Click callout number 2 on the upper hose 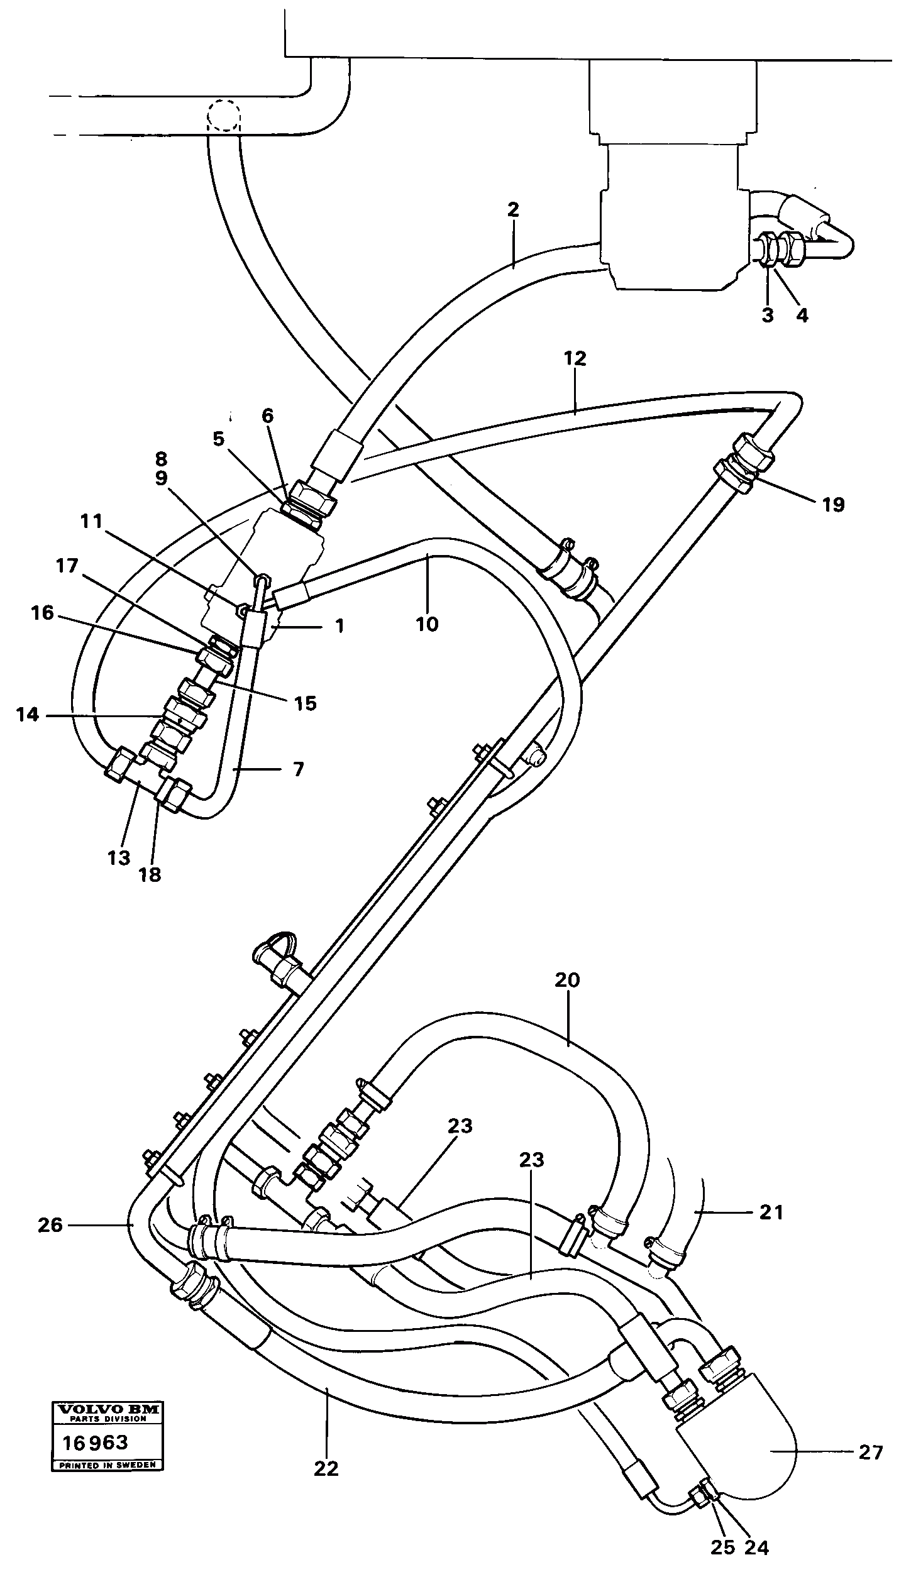(513, 210)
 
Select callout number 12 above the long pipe (575, 359)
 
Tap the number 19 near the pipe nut (833, 505)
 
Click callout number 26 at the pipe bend (50, 1225)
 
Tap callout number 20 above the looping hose (567, 980)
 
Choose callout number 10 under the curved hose (427, 624)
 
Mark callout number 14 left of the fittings (28, 715)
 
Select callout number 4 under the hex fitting (802, 315)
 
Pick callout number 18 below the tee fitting (151, 874)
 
